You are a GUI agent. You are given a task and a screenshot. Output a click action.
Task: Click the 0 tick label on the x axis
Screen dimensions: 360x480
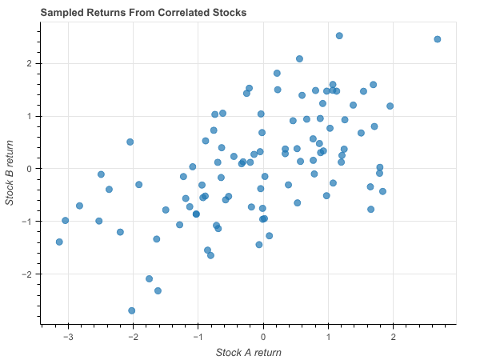(263, 336)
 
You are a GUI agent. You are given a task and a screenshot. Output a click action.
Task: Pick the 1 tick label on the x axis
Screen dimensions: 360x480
(328, 336)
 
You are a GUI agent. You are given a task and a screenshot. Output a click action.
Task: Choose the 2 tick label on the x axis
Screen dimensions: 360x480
(393, 336)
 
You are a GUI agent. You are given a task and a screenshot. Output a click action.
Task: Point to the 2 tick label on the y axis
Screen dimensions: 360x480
(30, 63)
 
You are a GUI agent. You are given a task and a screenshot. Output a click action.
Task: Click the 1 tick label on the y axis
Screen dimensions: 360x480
(30, 116)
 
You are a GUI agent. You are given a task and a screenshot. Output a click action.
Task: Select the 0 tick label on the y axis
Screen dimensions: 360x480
(30, 169)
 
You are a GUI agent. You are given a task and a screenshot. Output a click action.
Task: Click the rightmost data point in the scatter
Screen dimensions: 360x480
(438, 39)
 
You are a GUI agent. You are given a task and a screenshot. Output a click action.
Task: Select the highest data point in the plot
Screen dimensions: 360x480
(339, 36)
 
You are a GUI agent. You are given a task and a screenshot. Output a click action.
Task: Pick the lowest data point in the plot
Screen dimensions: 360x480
(132, 310)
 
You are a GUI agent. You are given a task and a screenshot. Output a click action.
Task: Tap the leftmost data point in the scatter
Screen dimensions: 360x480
(59, 242)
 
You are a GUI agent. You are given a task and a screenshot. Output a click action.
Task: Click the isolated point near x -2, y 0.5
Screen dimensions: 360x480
(130, 142)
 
